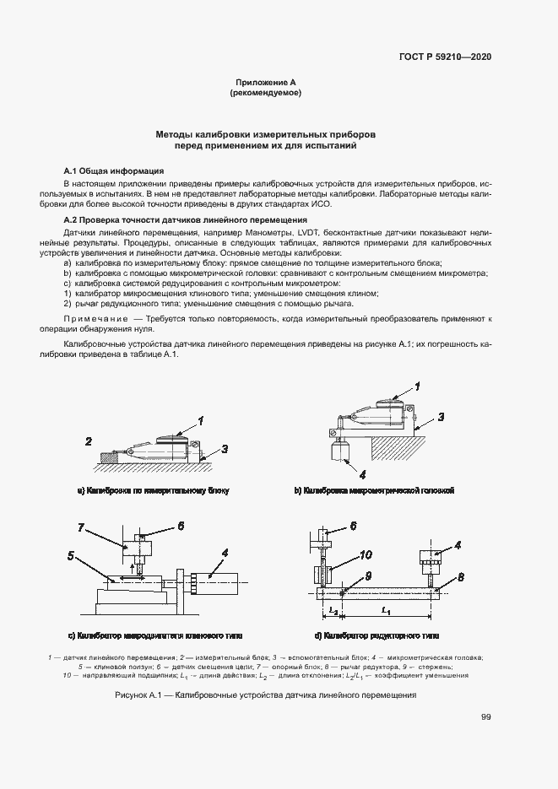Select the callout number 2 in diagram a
tap(88, 440)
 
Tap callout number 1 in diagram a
tap(201, 419)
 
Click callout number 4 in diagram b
tap(362, 473)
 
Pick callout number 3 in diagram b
tap(440, 417)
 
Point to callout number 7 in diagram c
tap(81, 527)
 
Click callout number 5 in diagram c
tap(73, 555)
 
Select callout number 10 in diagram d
tap(366, 554)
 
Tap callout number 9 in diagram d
tap(368, 576)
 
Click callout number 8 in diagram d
tap(460, 577)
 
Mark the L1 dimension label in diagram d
tap(385, 609)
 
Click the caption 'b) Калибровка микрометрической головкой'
tap(374, 489)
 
